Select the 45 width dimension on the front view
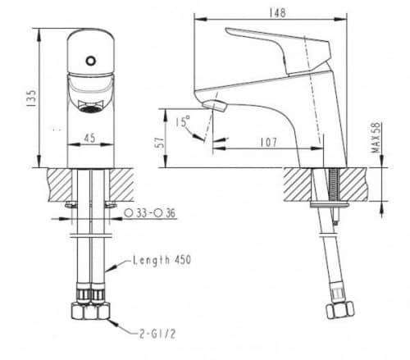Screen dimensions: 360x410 coord(87,138)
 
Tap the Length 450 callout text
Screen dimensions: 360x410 coord(162,261)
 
